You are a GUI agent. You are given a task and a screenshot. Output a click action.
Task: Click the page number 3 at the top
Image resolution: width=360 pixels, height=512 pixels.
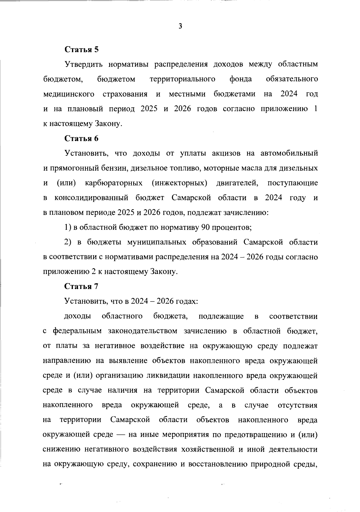[180, 26]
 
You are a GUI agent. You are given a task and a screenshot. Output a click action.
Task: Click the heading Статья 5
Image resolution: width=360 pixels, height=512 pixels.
[82, 49]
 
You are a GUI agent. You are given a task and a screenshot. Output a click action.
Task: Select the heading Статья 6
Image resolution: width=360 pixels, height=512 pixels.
[82, 138]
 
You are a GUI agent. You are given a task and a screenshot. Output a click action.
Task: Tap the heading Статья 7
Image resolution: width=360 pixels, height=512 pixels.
[82, 286]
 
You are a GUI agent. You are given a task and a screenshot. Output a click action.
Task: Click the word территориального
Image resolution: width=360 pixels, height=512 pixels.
[182, 79]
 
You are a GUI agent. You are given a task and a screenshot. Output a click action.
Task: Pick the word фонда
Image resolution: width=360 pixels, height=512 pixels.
[241, 79]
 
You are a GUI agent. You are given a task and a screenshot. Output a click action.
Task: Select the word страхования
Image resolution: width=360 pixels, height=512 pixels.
[125, 94]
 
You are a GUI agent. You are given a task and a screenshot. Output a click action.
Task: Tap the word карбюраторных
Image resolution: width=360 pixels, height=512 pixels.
[114, 183]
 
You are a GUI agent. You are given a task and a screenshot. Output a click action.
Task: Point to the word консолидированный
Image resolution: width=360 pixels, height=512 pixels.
[91, 198]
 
